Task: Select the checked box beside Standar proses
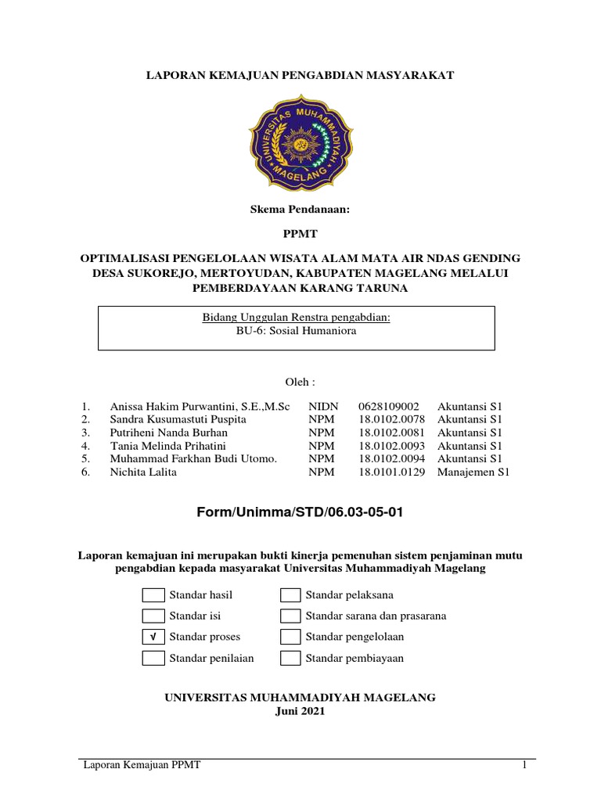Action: click(x=153, y=637)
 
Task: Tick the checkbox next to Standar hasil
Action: click(x=153, y=595)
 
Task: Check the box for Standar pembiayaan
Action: click(x=290, y=658)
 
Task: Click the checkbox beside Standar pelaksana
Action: click(x=290, y=595)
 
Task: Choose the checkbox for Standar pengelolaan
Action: click(x=290, y=637)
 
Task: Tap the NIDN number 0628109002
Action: click(x=389, y=407)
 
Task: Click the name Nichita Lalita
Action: click(x=143, y=472)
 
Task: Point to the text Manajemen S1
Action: click(x=473, y=472)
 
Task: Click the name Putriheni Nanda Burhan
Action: click(x=168, y=433)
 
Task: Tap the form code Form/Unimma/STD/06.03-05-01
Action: click(x=301, y=512)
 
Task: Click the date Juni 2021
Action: click(x=300, y=712)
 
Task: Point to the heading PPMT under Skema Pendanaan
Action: click(x=300, y=234)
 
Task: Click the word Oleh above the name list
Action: click(x=300, y=382)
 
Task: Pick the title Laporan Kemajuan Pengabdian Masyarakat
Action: click(x=301, y=74)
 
